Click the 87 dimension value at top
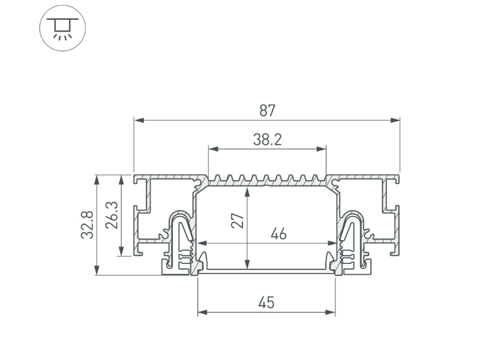tap(267, 110)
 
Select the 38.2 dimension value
tap(267, 140)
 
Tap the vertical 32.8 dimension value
tap(88, 225)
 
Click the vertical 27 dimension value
tap(238, 220)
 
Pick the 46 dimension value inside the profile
tap(278, 234)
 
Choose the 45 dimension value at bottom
tap(266, 303)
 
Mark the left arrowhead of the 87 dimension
tap(138, 121)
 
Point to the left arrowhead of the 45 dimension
tap(202, 312)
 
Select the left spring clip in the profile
tap(181, 237)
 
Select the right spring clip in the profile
tap(351, 237)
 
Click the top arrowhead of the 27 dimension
tap(247, 191)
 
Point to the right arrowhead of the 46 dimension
tap(332, 243)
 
